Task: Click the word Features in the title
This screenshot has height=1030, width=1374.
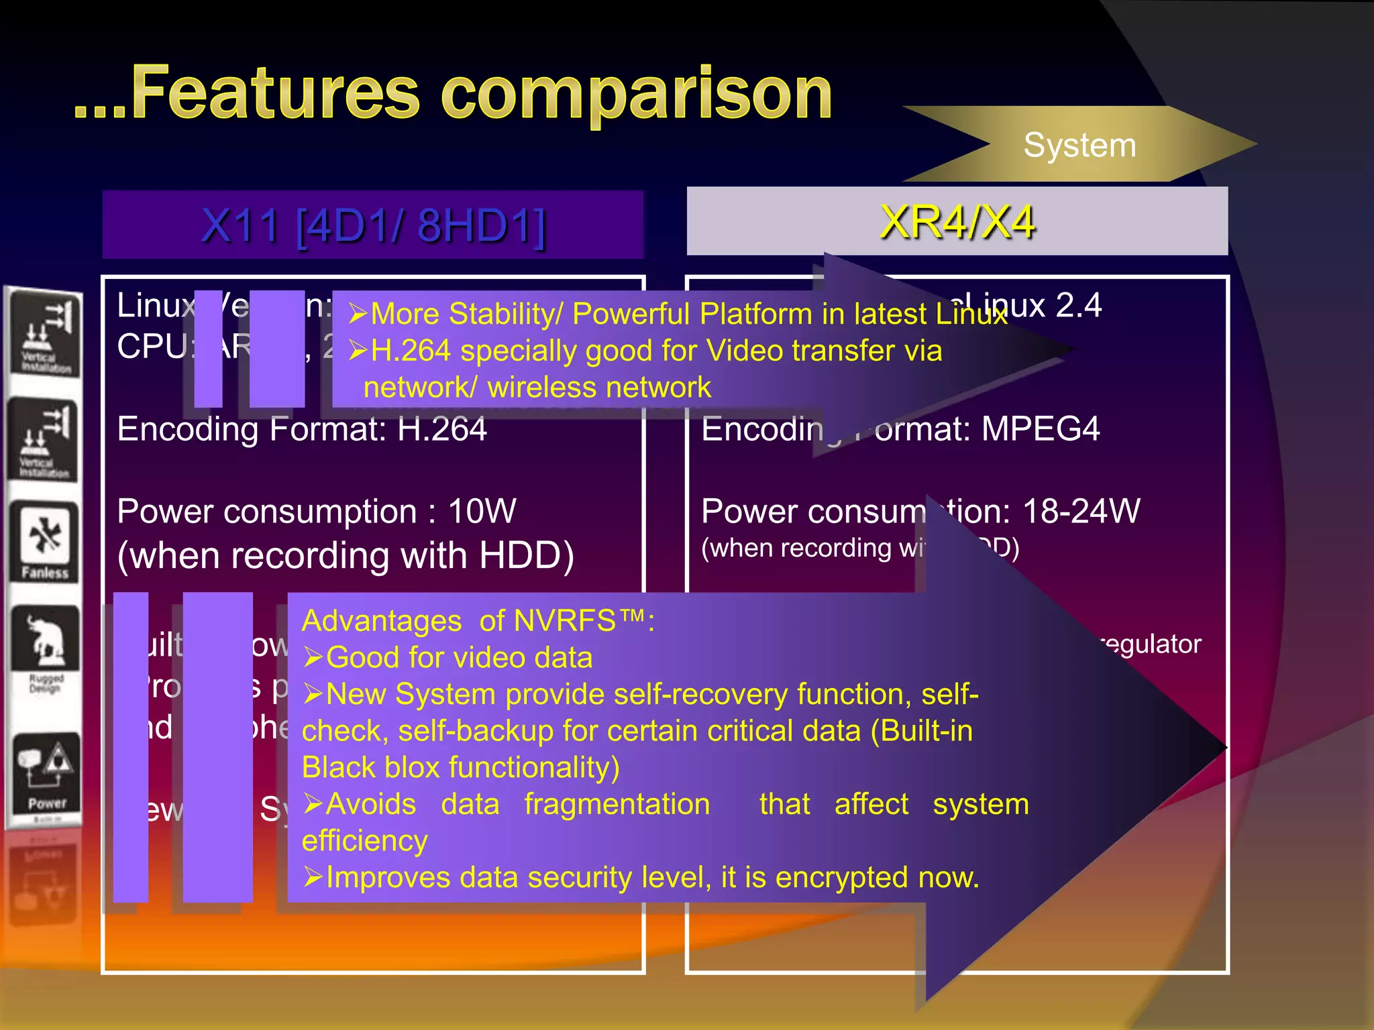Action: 275,94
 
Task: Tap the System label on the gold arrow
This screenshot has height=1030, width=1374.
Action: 1079,146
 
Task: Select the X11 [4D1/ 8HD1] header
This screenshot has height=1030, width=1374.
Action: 373,225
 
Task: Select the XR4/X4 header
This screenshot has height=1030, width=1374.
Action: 957,222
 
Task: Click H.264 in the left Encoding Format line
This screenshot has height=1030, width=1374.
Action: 441,429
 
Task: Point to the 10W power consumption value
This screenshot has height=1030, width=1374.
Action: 482,512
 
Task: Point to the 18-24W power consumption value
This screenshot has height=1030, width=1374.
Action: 1081,512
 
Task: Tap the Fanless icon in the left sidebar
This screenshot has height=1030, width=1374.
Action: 44,542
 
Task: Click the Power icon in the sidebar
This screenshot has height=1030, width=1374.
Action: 46,771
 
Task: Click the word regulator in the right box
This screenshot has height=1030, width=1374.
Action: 1151,644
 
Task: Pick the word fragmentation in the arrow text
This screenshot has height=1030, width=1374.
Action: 617,805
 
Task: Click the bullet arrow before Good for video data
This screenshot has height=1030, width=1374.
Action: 313,658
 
